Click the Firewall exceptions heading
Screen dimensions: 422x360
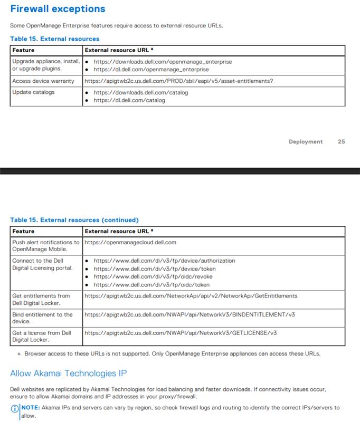(58, 9)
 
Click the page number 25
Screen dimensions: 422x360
(341, 141)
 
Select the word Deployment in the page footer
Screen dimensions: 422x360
(306, 141)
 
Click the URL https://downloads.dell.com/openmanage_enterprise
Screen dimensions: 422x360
(163, 62)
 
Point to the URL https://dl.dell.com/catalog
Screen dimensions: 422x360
(129, 100)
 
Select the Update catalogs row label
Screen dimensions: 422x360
(33, 92)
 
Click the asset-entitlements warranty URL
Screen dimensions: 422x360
(179, 81)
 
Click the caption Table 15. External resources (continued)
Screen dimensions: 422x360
(74, 220)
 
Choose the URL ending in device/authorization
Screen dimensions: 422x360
(164, 261)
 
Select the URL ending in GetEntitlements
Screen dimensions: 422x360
(191, 296)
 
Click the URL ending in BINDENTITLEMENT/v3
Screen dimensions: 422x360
(190, 314)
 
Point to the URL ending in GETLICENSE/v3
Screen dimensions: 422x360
(181, 333)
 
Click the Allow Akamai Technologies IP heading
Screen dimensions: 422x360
(68, 373)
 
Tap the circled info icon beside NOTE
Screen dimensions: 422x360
(14, 408)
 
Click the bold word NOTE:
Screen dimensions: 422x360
(31, 408)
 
